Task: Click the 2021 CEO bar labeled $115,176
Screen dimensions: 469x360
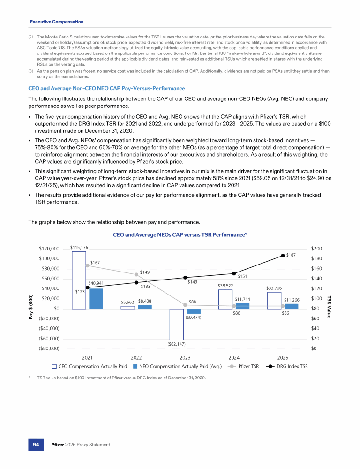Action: tap(79, 280)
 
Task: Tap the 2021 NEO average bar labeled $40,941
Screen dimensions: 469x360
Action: tap(96, 298)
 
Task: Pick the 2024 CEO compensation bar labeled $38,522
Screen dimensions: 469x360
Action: tap(225, 299)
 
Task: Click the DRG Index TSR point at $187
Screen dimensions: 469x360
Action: tap(283, 256)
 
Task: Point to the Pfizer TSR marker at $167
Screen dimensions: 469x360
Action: tap(87, 265)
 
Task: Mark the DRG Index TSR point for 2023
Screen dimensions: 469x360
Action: tap(185, 278)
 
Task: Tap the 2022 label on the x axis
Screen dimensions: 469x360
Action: tap(136, 357)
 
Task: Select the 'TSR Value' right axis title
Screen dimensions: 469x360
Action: tap(330, 306)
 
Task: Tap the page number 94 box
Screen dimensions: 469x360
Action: tap(36, 444)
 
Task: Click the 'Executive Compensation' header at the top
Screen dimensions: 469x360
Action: tap(57, 22)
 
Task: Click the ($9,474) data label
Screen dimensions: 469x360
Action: tap(193, 318)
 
